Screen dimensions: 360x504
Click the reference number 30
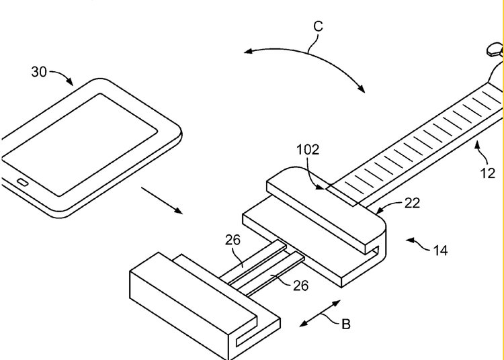pos(39,71)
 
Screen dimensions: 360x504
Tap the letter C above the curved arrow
pos(318,26)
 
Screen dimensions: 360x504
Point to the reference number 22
pos(412,204)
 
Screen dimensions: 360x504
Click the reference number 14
pos(440,251)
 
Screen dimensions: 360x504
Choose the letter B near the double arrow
pos(345,324)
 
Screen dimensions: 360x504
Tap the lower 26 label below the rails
pos(300,285)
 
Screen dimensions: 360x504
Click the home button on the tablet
pos(22,183)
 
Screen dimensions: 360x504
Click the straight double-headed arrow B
pos(320,314)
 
